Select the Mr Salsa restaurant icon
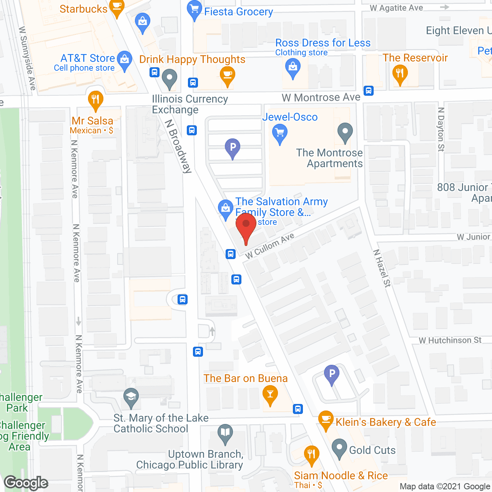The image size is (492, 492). point(95,100)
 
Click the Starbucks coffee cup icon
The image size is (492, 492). point(117,7)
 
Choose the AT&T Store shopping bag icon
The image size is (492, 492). point(124,60)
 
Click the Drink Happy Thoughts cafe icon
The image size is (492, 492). point(228,75)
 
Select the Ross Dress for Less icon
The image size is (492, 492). point(293,68)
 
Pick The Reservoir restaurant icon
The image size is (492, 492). point(400,73)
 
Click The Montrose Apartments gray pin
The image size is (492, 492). point(345,132)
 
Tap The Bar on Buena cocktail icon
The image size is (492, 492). point(270,395)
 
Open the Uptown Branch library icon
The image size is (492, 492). point(225,433)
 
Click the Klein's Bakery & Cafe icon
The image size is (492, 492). point(326,420)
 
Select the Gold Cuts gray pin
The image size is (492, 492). point(339,448)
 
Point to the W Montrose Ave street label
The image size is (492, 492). point(321,98)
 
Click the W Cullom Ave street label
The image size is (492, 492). point(270,246)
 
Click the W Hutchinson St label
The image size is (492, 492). point(450,340)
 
